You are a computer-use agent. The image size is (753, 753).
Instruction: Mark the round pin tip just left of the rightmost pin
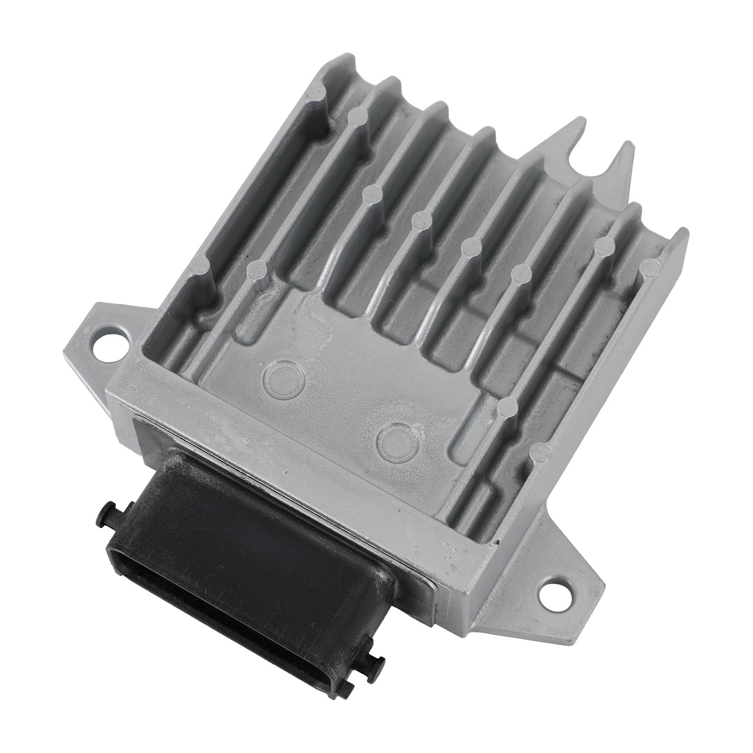(604, 245)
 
